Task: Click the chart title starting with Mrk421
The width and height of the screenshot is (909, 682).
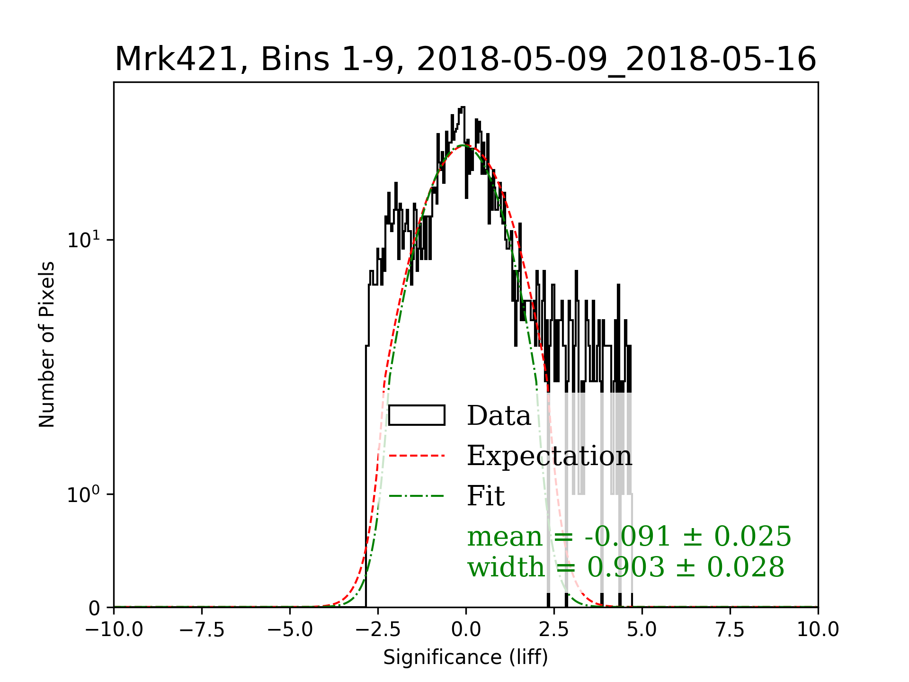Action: tap(465, 60)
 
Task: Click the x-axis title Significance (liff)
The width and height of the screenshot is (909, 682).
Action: tap(465, 657)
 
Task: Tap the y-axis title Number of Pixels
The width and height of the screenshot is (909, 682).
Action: tap(47, 344)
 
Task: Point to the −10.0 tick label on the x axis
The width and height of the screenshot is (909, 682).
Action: tap(114, 630)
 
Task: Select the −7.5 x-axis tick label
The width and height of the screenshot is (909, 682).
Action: tap(202, 630)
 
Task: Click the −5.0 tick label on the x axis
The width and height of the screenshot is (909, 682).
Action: tap(290, 630)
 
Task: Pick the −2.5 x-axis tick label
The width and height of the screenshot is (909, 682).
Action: tap(378, 630)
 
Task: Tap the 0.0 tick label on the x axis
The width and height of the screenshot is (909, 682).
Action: tap(466, 630)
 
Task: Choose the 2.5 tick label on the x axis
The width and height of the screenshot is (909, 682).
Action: tap(554, 630)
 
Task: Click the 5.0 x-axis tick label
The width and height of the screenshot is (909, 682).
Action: tap(642, 630)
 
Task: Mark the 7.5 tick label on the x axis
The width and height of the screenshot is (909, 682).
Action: tap(730, 630)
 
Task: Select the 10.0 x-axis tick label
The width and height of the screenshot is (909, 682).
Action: tap(818, 630)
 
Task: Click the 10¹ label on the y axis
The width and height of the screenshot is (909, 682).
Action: tap(84, 240)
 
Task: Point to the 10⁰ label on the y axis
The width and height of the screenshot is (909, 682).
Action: tap(84, 494)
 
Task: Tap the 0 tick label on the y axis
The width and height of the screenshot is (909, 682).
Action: tap(95, 608)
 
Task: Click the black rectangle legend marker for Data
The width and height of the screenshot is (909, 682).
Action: tap(417, 415)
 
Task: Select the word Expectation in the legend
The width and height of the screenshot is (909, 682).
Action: tap(549, 456)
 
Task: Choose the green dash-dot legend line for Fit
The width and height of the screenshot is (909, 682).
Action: tap(417, 496)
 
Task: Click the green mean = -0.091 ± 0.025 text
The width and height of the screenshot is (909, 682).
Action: tap(629, 537)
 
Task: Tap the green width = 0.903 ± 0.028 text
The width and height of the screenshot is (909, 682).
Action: tap(626, 567)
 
